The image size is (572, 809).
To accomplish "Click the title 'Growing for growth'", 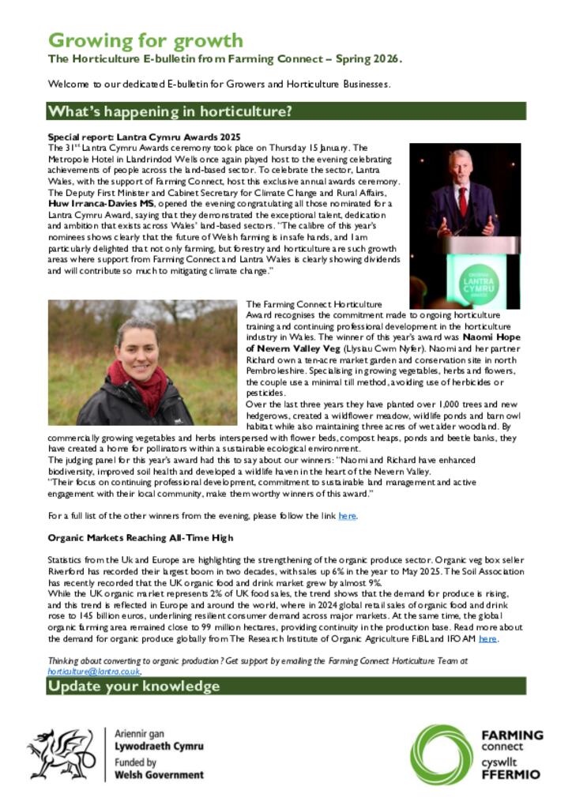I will point(146,40).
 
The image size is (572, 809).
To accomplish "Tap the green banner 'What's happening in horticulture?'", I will point(169,111).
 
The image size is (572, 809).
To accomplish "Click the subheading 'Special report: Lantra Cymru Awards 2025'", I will point(145,137).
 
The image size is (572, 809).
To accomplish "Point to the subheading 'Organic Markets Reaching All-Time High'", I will point(141,537).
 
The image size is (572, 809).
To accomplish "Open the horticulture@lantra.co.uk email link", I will point(94,671).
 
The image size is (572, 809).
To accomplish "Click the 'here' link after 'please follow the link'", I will point(347,516).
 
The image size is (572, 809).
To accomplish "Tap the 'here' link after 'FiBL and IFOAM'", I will point(487,638).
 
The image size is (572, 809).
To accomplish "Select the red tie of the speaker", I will point(462,202).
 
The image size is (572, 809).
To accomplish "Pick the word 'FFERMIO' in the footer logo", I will point(511,775).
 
